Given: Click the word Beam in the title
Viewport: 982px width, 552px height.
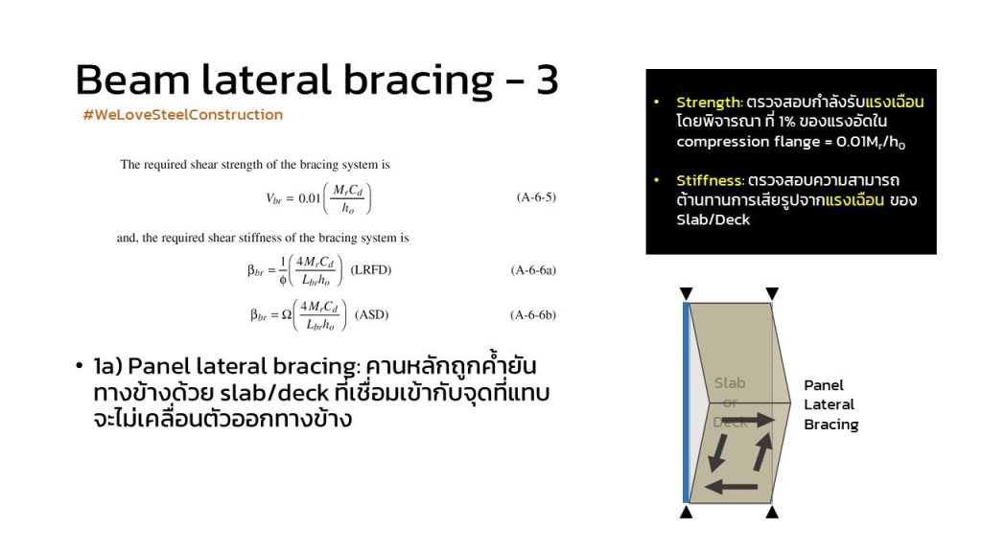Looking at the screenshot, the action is point(132,80).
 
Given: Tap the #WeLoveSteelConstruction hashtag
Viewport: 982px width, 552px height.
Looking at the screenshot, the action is point(183,115).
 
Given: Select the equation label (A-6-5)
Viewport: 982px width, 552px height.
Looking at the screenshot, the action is point(536,197).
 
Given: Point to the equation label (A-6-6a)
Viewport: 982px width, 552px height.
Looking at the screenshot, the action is point(533,270).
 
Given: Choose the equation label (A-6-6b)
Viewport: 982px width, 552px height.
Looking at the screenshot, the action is point(533,314).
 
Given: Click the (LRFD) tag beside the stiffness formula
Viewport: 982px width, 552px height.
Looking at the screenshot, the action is point(371,269).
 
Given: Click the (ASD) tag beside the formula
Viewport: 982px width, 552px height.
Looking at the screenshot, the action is point(371,314).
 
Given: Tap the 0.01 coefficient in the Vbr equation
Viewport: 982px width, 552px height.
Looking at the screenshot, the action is point(310,198).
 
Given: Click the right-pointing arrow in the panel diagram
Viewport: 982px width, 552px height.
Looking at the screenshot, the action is point(748,420).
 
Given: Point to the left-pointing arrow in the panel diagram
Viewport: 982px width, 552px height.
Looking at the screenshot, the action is point(731,486).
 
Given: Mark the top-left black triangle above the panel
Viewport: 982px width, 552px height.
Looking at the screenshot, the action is point(687,293).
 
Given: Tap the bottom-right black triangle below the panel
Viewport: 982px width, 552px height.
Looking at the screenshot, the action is point(772,512).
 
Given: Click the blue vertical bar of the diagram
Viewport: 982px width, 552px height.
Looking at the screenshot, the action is point(686,402).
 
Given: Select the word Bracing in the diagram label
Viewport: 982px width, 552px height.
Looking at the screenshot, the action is point(831,425).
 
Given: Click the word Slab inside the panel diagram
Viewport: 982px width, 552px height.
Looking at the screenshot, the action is point(730,382).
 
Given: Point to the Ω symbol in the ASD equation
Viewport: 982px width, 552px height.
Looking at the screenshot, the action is point(286,314).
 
